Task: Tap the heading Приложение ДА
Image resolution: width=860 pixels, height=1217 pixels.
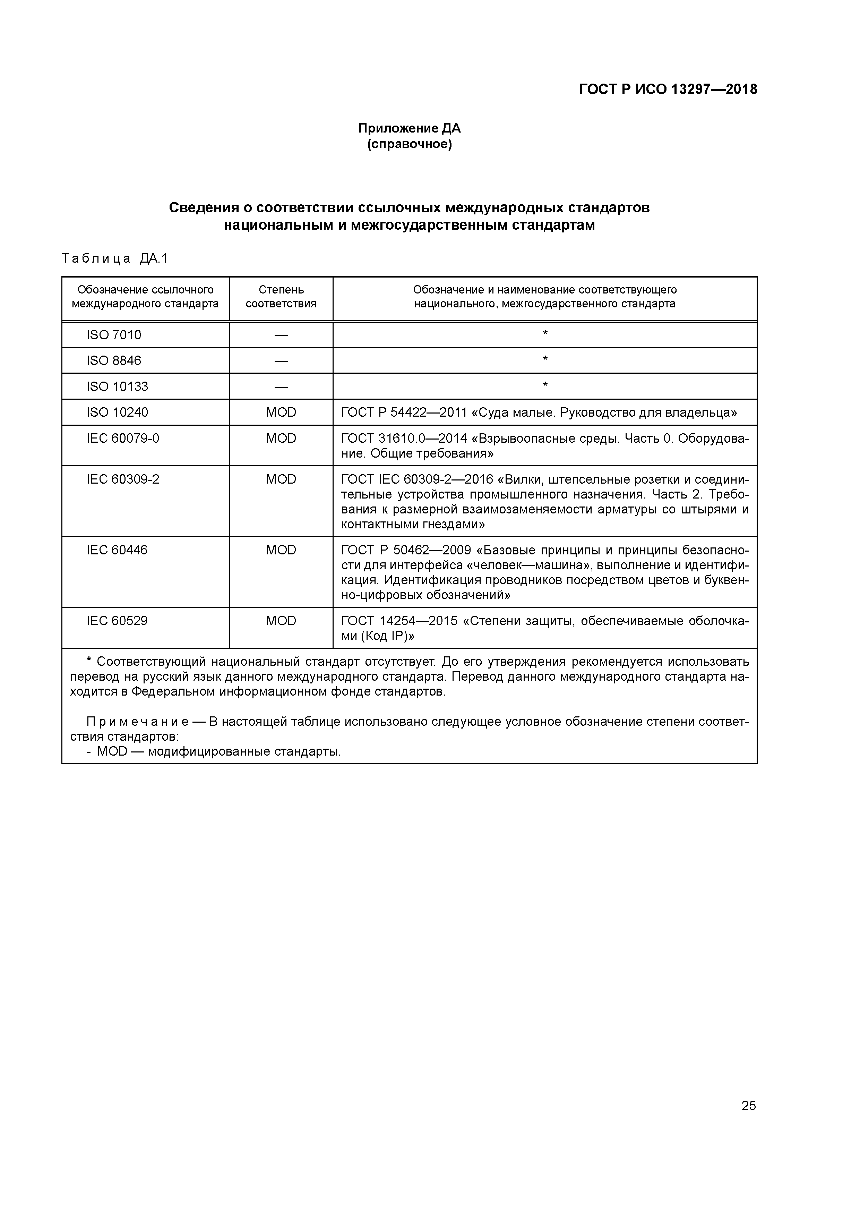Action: coord(409,128)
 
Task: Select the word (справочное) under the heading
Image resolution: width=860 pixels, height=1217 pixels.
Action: coord(409,144)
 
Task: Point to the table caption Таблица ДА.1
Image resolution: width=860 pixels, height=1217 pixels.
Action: coord(114,259)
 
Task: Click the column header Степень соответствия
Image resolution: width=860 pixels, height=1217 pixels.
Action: coord(281,297)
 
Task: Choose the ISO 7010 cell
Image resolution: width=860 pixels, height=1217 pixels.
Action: coord(114,335)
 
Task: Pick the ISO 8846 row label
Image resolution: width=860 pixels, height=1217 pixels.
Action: coord(114,360)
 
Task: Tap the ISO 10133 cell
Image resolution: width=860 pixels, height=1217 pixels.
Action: coord(117,386)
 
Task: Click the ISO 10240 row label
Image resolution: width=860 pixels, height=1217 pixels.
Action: coord(117,412)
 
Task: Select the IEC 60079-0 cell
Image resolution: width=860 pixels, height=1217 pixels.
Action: coord(123,439)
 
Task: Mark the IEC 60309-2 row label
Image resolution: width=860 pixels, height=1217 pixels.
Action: coord(123,479)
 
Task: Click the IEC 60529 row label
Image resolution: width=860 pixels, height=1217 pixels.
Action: coord(117,621)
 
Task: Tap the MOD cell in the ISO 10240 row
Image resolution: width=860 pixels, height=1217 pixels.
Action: coord(281,412)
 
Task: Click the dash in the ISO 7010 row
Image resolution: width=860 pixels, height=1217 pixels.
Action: coord(281,335)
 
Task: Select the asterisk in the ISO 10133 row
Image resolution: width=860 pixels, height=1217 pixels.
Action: coord(545,385)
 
